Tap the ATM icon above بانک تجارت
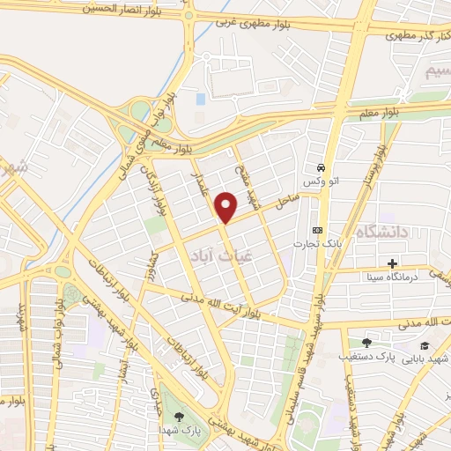[318, 230]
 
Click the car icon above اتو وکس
[322, 167]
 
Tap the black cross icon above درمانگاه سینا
[392, 263]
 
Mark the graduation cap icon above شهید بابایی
[425, 345]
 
